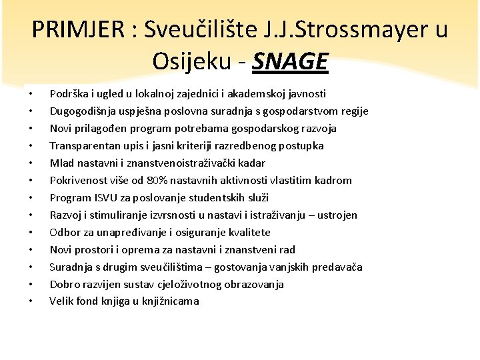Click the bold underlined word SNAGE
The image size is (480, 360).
tap(291, 61)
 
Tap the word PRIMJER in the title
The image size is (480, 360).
tap(73, 29)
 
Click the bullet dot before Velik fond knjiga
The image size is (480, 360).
tap(31, 301)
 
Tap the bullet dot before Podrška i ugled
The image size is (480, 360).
tap(31, 94)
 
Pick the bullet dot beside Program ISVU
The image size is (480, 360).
tap(31, 198)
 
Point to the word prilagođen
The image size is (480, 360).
tap(103, 129)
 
